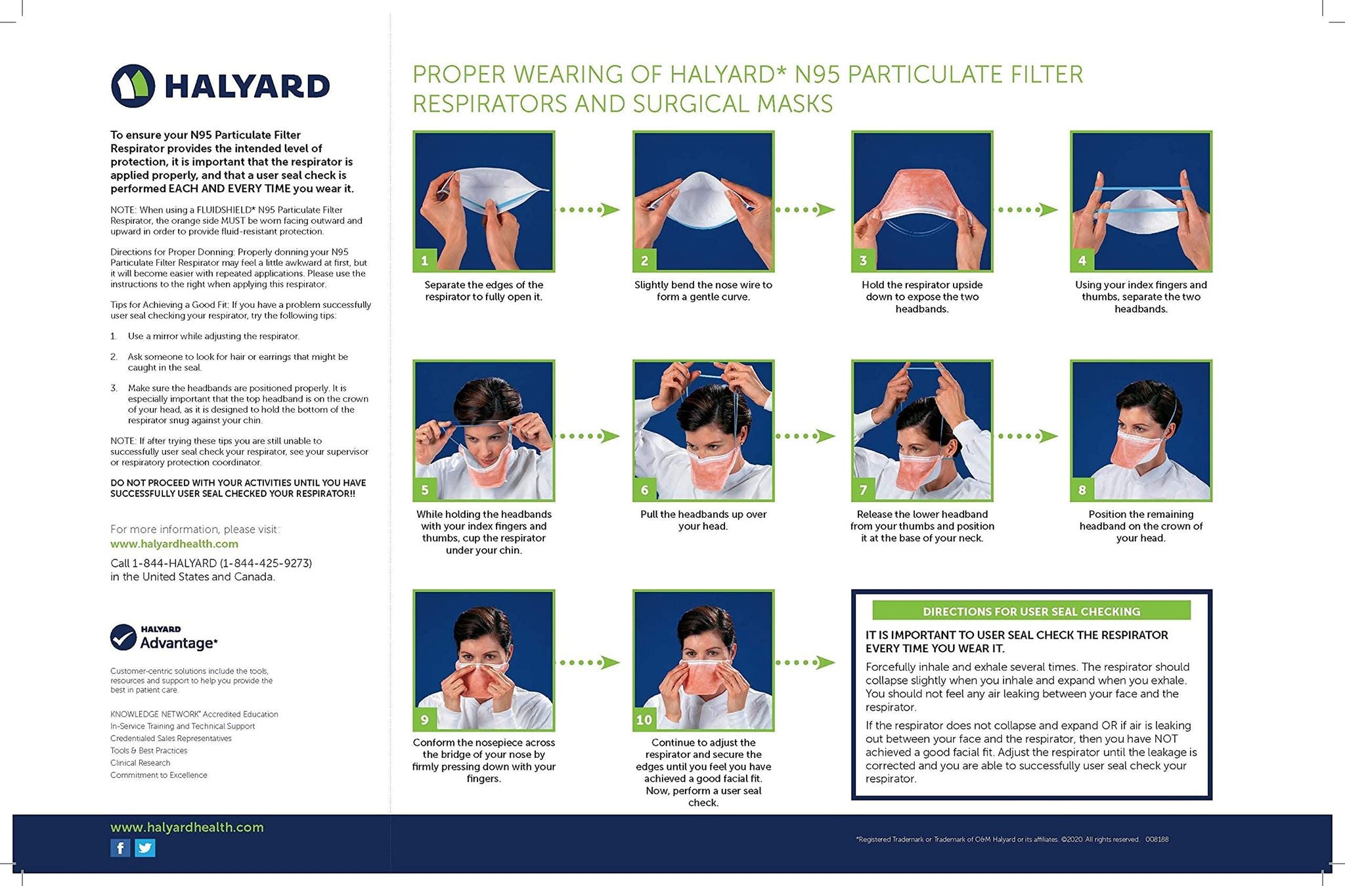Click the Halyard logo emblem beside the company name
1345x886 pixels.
133,86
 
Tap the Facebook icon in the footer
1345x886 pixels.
120,848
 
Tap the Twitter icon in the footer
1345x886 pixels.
145,848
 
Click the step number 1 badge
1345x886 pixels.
424,261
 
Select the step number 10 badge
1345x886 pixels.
644,719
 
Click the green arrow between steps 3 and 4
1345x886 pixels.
1028,210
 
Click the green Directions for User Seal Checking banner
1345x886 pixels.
1030,611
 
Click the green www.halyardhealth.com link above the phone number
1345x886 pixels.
174,544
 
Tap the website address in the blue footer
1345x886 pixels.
187,828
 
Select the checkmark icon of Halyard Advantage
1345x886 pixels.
123,637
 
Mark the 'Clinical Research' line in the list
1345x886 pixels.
140,763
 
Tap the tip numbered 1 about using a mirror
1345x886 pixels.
213,336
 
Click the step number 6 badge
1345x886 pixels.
644,490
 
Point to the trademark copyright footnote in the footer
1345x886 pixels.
1011,839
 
